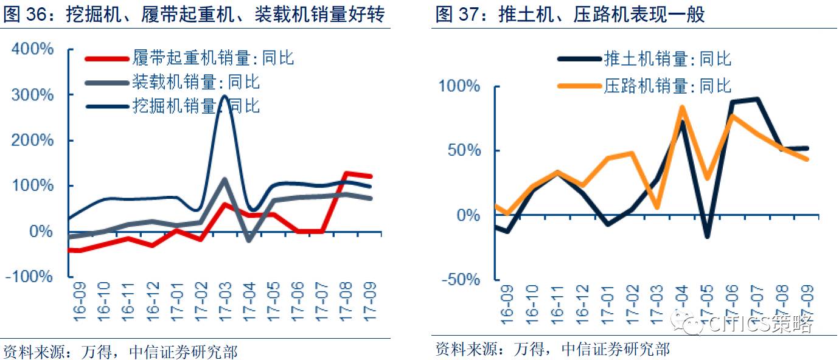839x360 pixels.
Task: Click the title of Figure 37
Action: (x=570, y=15)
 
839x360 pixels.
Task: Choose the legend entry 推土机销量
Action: (x=645, y=59)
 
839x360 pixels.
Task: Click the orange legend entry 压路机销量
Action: (x=645, y=86)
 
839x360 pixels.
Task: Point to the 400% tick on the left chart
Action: (x=33, y=49)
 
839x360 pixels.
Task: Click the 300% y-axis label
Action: (x=33, y=95)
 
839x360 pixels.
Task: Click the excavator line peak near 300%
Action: (x=225, y=96)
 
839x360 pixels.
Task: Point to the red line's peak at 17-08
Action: (x=346, y=173)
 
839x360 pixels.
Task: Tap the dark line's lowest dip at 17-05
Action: (x=707, y=236)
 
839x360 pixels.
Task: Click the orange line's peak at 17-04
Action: (x=682, y=108)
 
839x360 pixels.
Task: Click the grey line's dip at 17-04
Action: (x=249, y=240)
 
